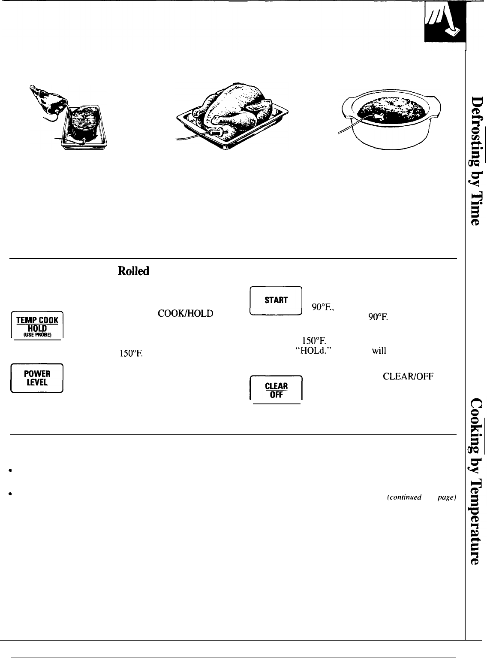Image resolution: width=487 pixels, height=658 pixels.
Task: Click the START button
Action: pyautogui.click(x=276, y=300)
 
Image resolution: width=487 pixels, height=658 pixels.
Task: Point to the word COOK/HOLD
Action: pyautogui.click(x=185, y=314)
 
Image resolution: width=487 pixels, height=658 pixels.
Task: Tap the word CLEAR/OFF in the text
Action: pyautogui.click(x=410, y=377)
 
